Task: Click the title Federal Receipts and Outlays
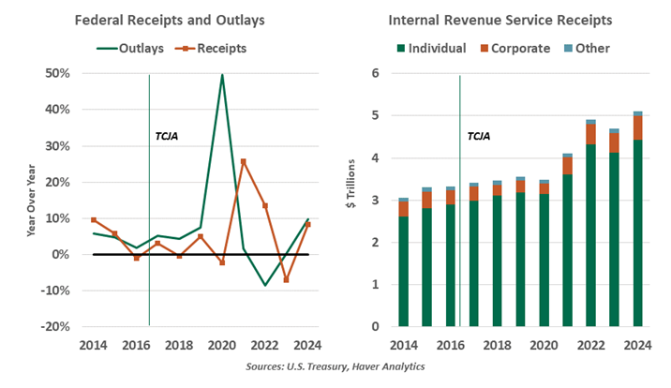pyautogui.click(x=170, y=20)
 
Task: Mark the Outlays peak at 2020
pyautogui.click(x=223, y=75)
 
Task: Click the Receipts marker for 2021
pyautogui.click(x=244, y=161)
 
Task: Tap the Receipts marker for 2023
pyautogui.click(x=285, y=279)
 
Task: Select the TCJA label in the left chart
pyautogui.click(x=166, y=137)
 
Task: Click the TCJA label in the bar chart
pyautogui.click(x=479, y=137)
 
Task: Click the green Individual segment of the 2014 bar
pyautogui.click(x=403, y=272)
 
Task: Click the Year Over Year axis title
pyautogui.click(x=32, y=200)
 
